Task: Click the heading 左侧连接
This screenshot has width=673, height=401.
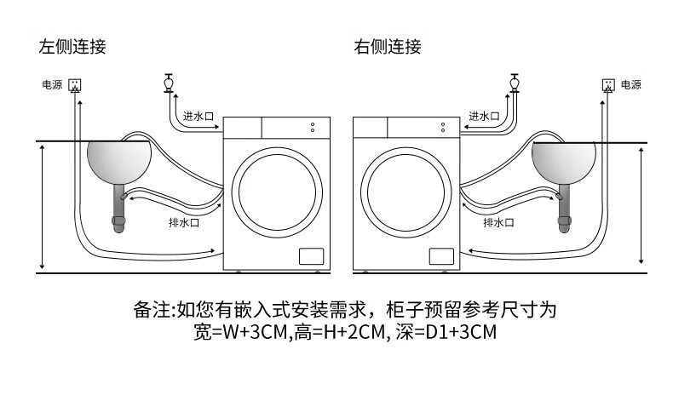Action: click(x=72, y=47)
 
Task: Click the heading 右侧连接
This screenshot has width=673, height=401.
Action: click(x=388, y=47)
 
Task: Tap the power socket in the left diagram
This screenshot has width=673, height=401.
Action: click(x=76, y=85)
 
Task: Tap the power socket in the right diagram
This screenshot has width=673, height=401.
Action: click(x=608, y=85)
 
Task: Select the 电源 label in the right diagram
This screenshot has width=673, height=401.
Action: click(x=630, y=85)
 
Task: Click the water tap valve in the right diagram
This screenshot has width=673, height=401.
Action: click(x=515, y=83)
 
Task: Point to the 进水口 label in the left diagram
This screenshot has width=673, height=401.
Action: click(x=198, y=116)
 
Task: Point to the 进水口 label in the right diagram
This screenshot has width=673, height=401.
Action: click(x=484, y=116)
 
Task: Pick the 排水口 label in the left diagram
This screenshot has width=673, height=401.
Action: click(x=184, y=223)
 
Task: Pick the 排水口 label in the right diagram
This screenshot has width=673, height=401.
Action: click(x=498, y=223)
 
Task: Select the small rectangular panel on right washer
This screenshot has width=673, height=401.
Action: click(x=440, y=256)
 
